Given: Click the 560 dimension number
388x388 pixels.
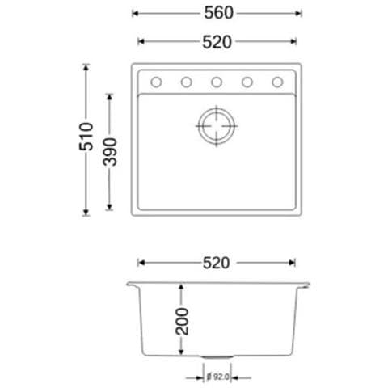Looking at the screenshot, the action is click(x=218, y=13).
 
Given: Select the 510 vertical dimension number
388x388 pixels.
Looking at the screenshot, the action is click(x=86, y=137).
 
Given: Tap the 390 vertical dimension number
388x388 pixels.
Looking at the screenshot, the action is click(x=110, y=152).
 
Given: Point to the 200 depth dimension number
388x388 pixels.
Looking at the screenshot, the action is click(x=182, y=322).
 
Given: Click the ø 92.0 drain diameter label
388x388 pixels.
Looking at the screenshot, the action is click(x=218, y=377).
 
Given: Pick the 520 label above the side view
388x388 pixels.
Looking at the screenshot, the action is click(x=216, y=263).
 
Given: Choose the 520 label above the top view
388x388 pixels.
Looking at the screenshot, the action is click(x=217, y=42).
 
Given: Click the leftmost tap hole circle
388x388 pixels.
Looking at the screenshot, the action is click(x=156, y=82).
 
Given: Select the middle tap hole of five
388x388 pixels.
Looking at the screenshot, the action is click(x=217, y=82).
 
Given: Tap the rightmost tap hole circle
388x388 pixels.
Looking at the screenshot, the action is click(x=277, y=82).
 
